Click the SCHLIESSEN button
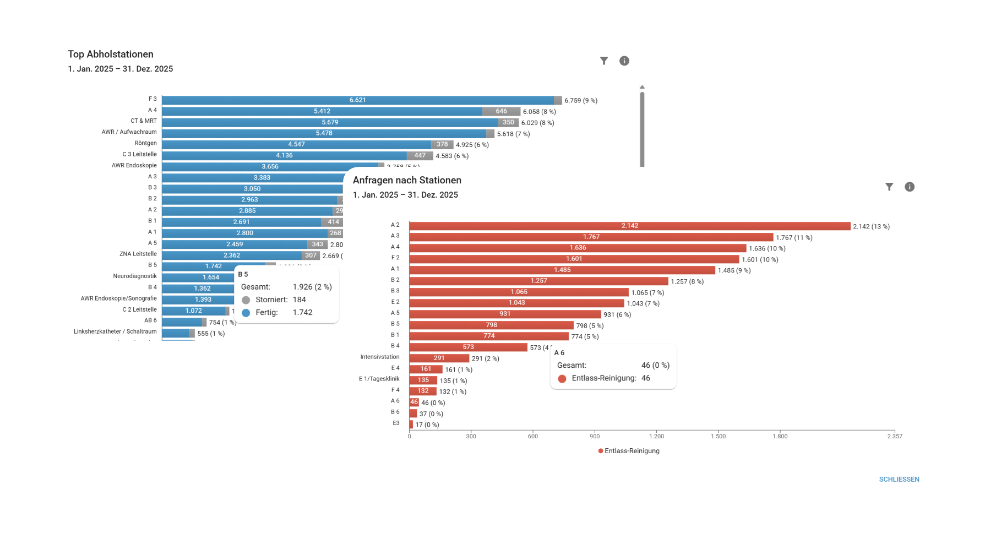(899, 479)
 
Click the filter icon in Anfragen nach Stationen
(889, 187)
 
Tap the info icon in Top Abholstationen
(624, 61)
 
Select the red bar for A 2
(629, 226)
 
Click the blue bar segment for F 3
(357, 100)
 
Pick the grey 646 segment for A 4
(501, 111)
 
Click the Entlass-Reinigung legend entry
(629, 451)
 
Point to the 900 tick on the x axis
(595, 436)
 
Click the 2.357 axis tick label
(894, 436)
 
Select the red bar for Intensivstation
(438, 358)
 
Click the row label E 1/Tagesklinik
(379, 379)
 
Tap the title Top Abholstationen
(111, 54)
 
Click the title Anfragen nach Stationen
(407, 180)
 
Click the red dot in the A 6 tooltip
(562, 379)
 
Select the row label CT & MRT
(143, 121)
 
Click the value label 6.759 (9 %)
(580, 101)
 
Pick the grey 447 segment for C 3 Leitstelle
(420, 156)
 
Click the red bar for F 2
(574, 259)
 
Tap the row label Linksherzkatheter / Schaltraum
(115, 331)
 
